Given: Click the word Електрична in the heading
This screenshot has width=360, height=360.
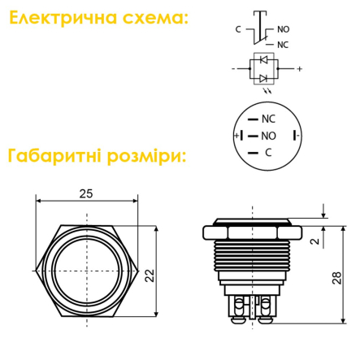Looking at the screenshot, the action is click(x=63, y=18).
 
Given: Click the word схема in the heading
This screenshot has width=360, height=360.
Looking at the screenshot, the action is click(x=154, y=19).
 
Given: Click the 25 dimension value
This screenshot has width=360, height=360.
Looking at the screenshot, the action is click(x=86, y=193).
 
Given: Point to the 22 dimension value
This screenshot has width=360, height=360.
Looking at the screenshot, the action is click(x=150, y=275).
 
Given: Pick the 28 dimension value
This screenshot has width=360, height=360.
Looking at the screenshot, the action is click(x=336, y=278).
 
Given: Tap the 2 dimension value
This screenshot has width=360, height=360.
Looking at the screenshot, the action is click(x=314, y=241).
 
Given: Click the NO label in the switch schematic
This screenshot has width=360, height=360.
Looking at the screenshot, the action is click(x=284, y=29).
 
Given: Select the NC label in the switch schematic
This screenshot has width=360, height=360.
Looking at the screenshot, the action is click(x=283, y=45).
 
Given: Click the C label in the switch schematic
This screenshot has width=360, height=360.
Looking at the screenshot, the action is click(x=238, y=29).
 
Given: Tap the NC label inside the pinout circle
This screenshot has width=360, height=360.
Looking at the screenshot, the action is click(x=268, y=119).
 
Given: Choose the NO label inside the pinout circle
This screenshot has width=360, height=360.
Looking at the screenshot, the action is click(x=268, y=136).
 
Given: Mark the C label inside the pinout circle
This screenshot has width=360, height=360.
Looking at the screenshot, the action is click(x=268, y=153).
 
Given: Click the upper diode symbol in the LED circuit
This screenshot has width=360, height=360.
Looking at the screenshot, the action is click(x=263, y=59).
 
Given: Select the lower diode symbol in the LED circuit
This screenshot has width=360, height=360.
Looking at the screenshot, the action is click(x=263, y=78).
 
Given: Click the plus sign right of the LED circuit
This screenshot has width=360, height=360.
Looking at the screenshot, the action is click(x=299, y=69).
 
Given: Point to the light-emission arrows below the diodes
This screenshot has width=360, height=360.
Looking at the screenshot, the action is click(x=267, y=90).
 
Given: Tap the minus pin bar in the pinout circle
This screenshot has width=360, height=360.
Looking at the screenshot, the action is click(x=294, y=136).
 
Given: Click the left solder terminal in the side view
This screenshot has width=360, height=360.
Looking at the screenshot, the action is click(x=239, y=309).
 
